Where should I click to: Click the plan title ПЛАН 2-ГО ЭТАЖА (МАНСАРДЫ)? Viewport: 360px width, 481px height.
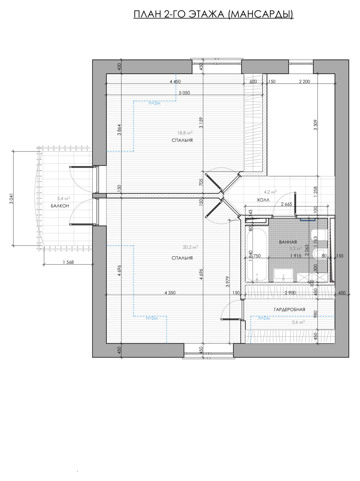[213, 14]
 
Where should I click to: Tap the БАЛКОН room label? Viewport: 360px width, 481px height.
[60, 206]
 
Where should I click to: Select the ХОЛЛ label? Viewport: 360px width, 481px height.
[263, 200]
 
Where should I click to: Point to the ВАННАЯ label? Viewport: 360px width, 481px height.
[288, 242]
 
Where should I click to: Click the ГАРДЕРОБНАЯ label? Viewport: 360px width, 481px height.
[289, 309]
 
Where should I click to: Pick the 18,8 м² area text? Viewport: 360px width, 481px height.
[185, 133]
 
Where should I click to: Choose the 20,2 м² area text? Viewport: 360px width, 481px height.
[190, 247]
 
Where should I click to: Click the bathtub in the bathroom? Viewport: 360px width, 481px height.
[257, 255]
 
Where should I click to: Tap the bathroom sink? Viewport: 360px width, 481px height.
[283, 275]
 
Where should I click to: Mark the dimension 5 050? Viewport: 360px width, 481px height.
[184, 93]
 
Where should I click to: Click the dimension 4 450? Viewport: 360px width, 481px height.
[175, 81]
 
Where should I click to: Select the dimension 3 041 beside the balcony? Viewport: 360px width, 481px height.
[11, 198]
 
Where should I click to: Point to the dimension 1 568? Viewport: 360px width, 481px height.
[68, 262]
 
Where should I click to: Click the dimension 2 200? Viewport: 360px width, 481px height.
[304, 81]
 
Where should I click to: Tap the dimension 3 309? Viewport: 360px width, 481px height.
[315, 125]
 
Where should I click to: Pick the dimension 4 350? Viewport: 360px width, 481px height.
[170, 293]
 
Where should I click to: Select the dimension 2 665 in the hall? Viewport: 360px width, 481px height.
[286, 204]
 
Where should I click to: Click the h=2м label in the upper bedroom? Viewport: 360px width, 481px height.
[154, 103]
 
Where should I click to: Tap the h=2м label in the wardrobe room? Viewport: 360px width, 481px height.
[264, 318]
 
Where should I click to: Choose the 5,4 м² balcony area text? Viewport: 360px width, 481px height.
[64, 198]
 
